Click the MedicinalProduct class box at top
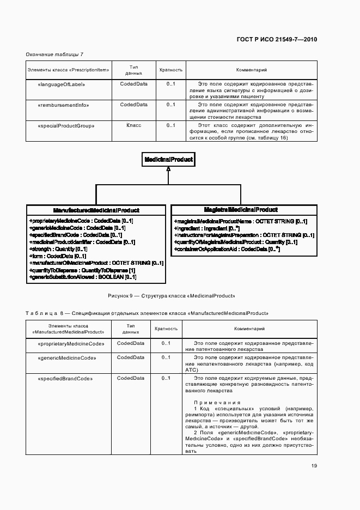point(168,160)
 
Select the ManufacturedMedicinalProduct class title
point(96,210)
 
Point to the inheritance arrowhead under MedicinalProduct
point(169,170)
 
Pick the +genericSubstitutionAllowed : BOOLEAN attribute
point(82,277)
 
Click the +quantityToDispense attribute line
point(82,270)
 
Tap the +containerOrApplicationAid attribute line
point(227,249)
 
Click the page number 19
point(314,465)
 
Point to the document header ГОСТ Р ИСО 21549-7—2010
point(277,39)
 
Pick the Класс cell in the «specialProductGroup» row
point(133,125)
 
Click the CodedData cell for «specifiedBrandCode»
point(131,378)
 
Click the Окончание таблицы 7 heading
point(54,54)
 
